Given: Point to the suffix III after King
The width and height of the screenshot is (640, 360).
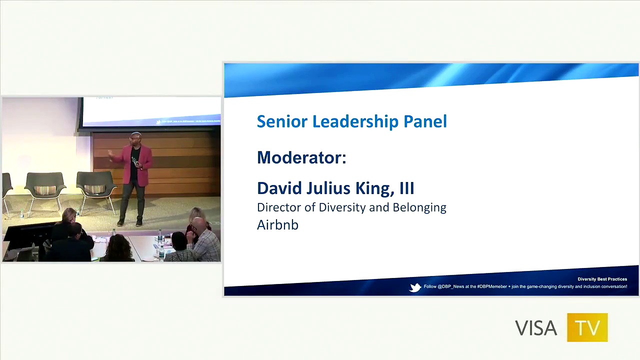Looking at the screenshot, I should [x=406, y=188].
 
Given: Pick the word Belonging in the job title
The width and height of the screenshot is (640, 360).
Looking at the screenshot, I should [x=419, y=207].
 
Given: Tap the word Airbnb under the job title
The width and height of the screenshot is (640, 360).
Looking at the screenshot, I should [x=277, y=225].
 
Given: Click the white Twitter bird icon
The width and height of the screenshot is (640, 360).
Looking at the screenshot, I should [x=415, y=287].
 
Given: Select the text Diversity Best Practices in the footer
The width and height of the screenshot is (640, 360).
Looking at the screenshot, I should [x=602, y=279].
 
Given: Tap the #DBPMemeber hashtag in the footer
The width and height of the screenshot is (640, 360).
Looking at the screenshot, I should [x=492, y=286].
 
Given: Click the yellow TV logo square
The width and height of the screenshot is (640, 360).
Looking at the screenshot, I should [x=587, y=327].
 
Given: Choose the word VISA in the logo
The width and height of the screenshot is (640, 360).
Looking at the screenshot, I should [x=536, y=328].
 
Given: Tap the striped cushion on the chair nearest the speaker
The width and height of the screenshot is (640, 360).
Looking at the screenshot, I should [x=94, y=189].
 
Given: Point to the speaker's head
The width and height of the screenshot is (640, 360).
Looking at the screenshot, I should [x=135, y=138].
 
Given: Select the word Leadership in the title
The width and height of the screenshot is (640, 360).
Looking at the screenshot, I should [x=351, y=121].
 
